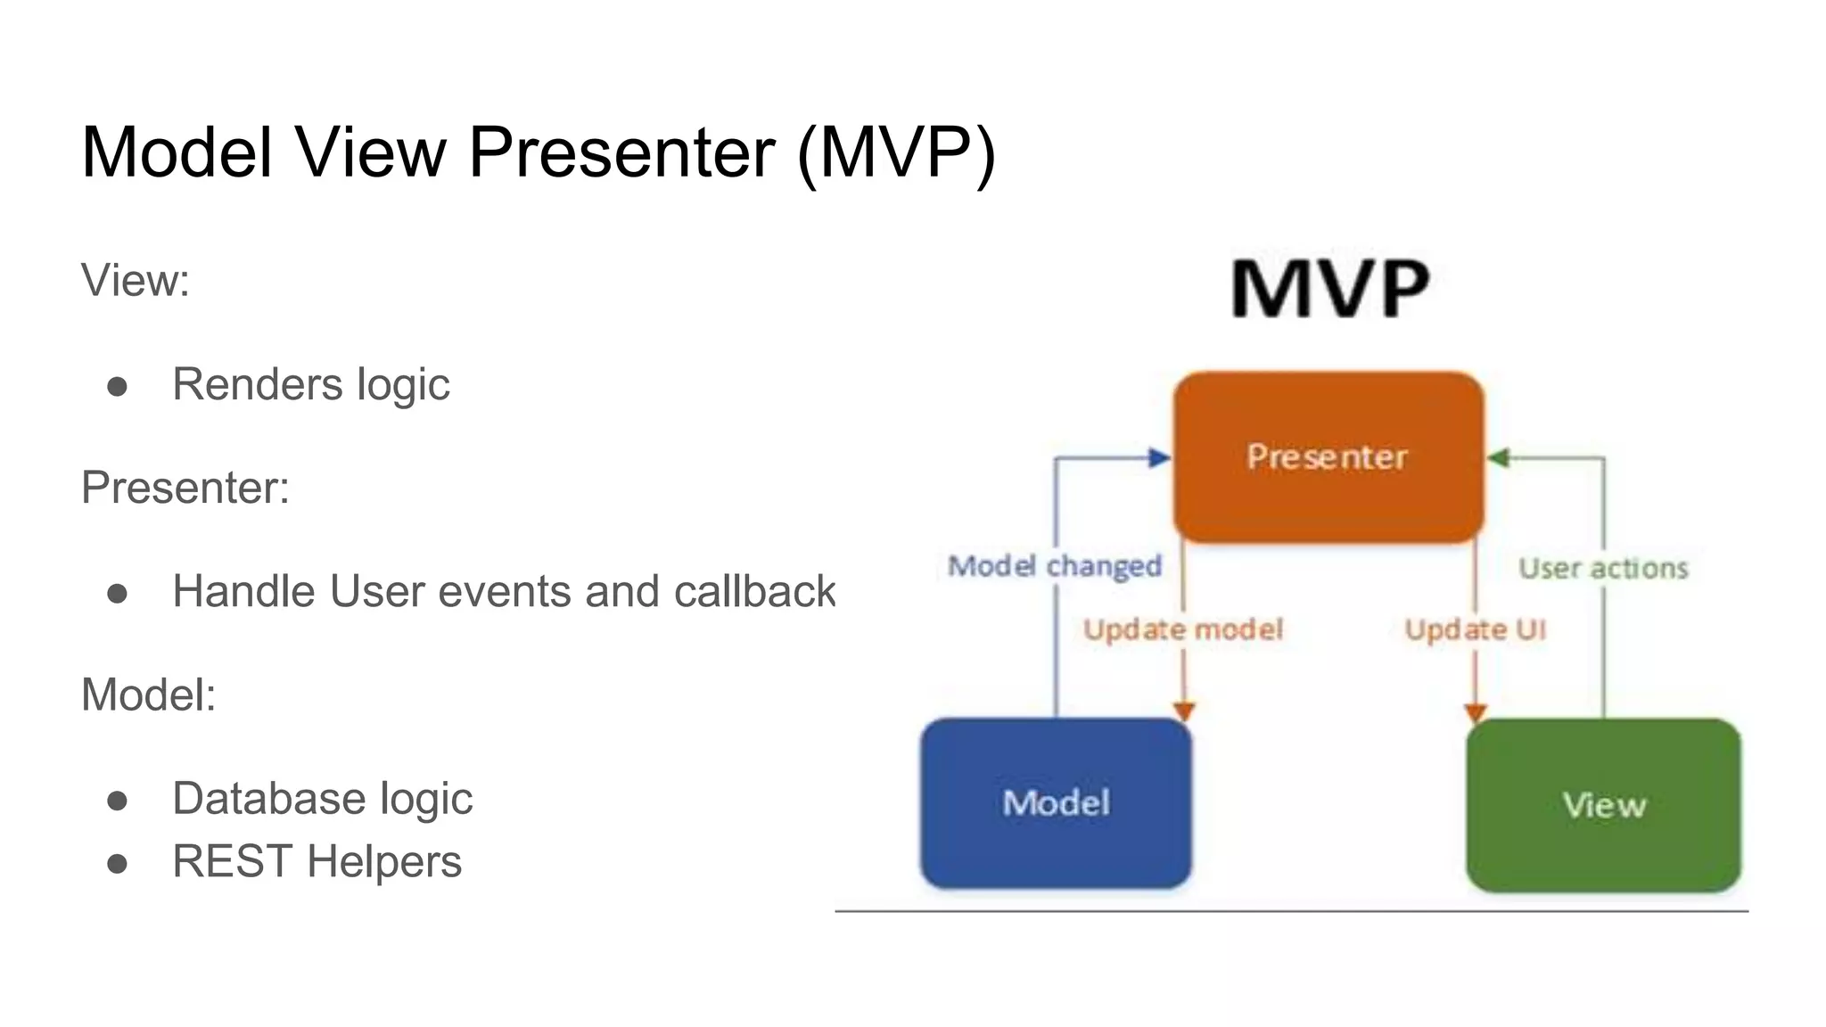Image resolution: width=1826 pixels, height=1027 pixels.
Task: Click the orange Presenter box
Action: pyautogui.click(x=1328, y=456)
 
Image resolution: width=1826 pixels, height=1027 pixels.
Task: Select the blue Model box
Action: pyautogui.click(x=1056, y=802)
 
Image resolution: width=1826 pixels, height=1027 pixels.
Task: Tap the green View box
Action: pyautogui.click(x=1603, y=805)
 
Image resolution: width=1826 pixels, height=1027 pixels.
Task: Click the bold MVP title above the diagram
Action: pyautogui.click(x=1330, y=288)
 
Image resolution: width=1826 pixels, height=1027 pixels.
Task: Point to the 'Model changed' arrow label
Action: pyautogui.click(x=1055, y=566)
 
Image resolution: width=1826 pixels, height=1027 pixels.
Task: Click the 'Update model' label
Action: pyautogui.click(x=1183, y=629)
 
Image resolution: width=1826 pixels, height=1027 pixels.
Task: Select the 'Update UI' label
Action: pyautogui.click(x=1475, y=629)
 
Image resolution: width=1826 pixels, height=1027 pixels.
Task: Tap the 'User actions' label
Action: pyautogui.click(x=1603, y=568)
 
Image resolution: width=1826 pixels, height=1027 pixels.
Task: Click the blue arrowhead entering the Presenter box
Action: pyautogui.click(x=1159, y=458)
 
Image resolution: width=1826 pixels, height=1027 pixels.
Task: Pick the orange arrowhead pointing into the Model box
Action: pyautogui.click(x=1183, y=711)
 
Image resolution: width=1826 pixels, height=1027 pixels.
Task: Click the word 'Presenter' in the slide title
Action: pyautogui.click(x=621, y=152)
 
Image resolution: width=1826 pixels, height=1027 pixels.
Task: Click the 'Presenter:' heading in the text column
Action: pyautogui.click(x=185, y=488)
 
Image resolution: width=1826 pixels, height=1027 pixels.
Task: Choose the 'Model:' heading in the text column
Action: pyautogui.click(x=149, y=694)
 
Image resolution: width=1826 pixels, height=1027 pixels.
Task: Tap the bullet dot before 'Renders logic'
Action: pyautogui.click(x=117, y=387)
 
